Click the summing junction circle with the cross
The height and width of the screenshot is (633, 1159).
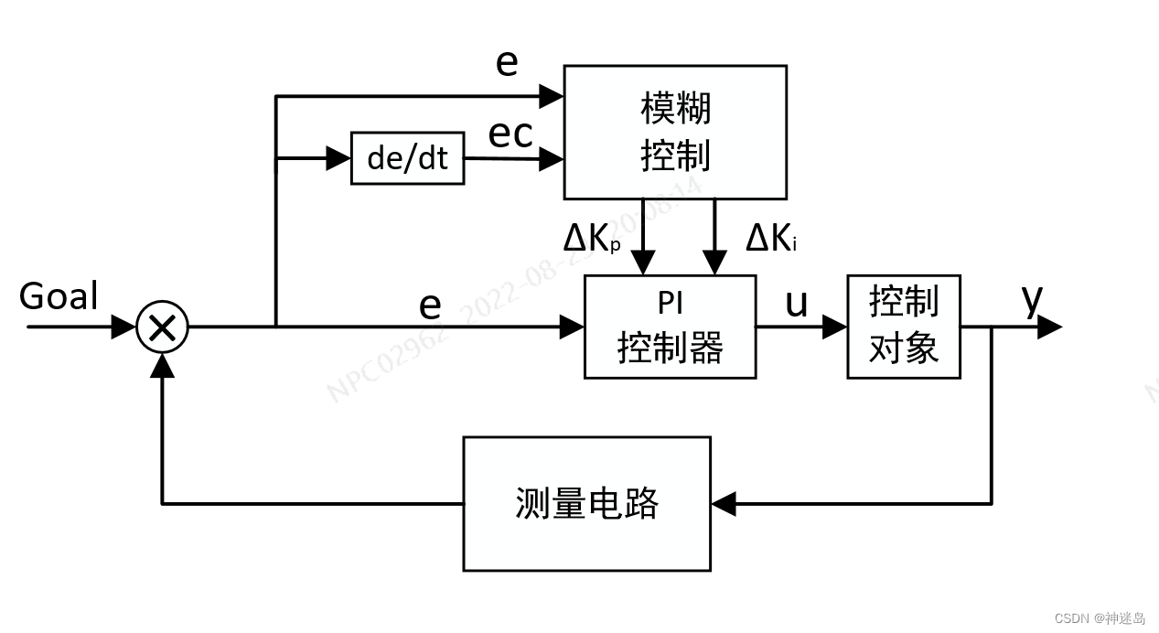(x=162, y=327)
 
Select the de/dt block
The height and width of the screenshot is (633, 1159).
(x=407, y=158)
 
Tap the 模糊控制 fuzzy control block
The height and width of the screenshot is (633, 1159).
(x=675, y=133)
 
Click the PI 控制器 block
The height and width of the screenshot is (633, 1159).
(x=670, y=327)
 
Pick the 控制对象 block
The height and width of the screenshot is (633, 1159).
(x=903, y=327)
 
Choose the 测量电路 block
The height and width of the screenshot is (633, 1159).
(x=586, y=504)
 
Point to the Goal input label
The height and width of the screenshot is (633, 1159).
(x=59, y=296)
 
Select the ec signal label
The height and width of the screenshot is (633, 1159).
(x=510, y=134)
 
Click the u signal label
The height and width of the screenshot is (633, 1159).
(x=797, y=303)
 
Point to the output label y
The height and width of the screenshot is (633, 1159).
(x=1033, y=298)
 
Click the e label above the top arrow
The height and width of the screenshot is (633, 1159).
(x=507, y=62)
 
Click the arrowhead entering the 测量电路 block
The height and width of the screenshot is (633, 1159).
(x=724, y=504)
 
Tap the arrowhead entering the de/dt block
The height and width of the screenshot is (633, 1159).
(x=339, y=158)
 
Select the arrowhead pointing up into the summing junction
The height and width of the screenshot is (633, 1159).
(x=162, y=365)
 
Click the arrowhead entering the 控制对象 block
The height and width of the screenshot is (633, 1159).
(x=834, y=327)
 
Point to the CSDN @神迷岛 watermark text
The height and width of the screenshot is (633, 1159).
(x=1100, y=618)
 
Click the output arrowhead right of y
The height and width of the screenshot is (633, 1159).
(x=1050, y=327)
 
